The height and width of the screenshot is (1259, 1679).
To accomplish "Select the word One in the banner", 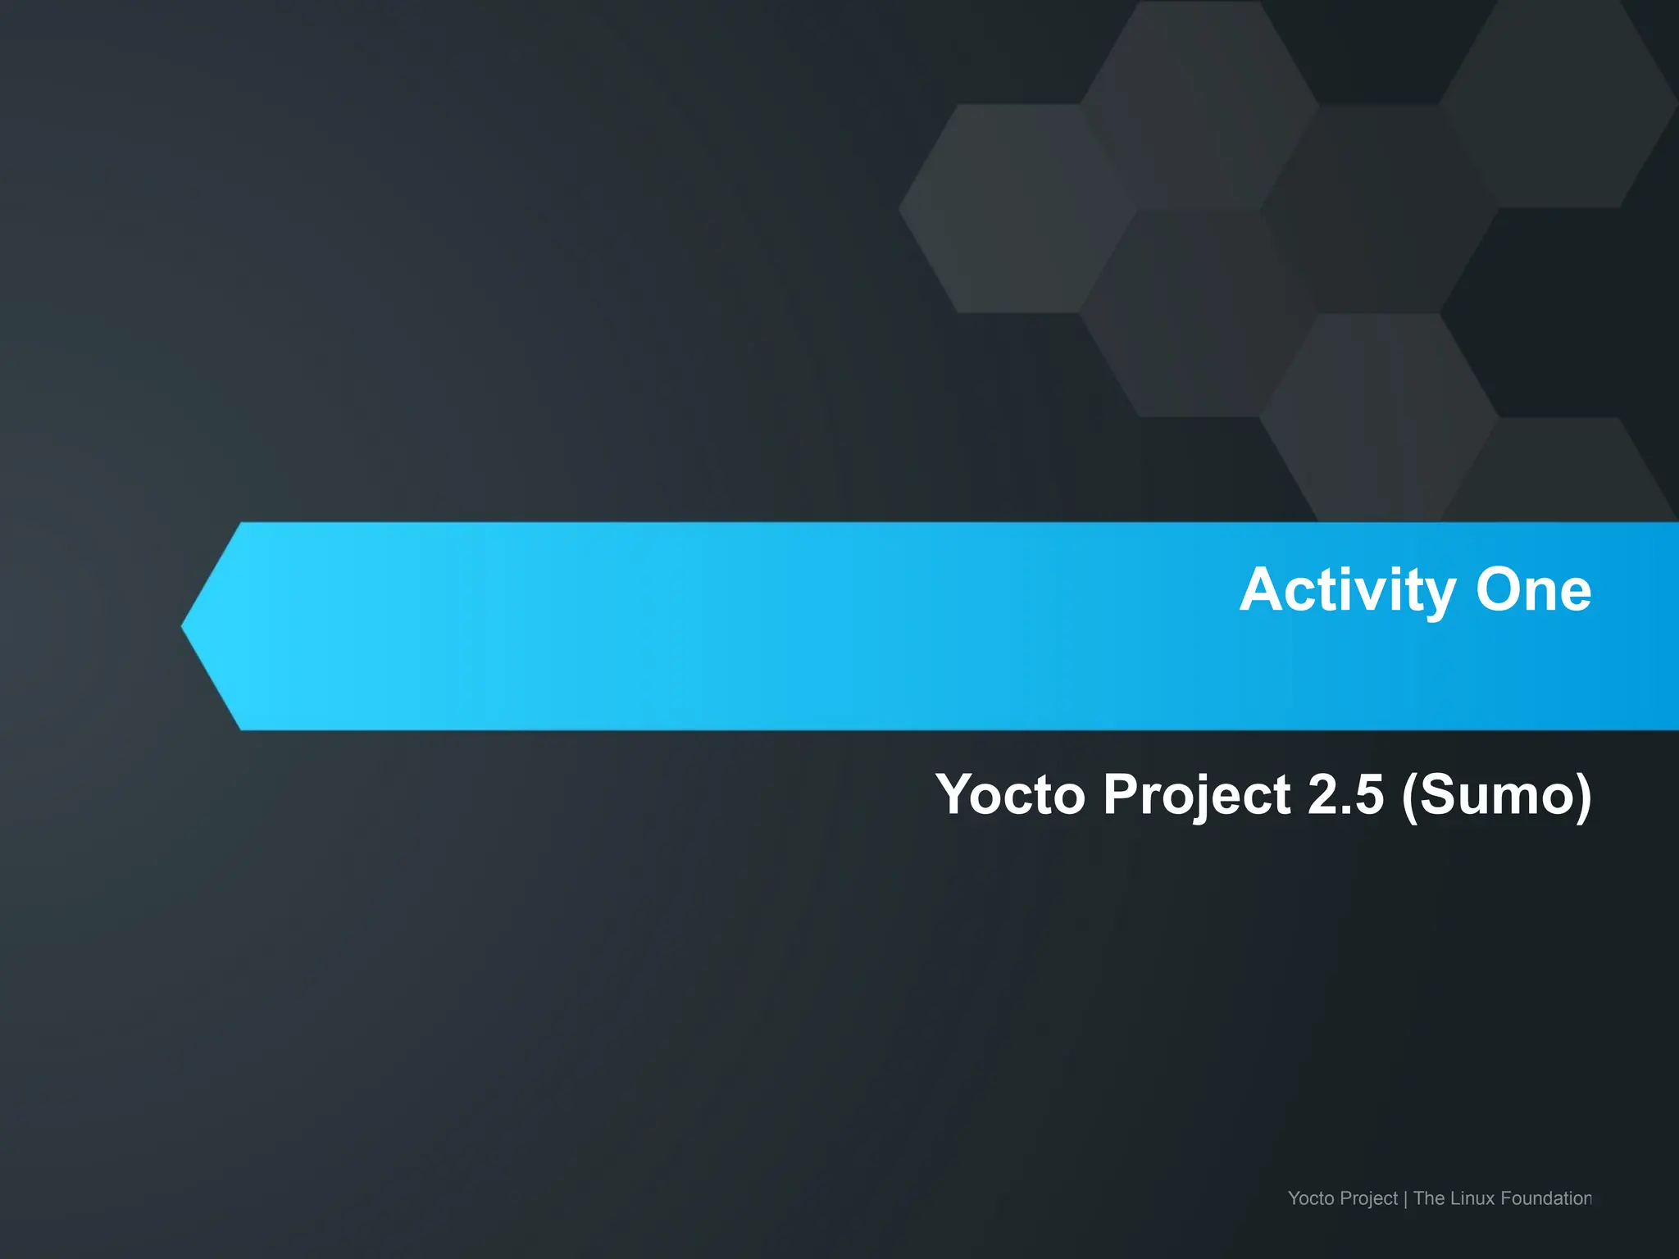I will (x=1533, y=590).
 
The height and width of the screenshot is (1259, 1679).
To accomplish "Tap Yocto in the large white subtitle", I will (x=1010, y=795).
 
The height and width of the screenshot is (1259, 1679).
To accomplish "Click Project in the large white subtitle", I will (x=1197, y=795).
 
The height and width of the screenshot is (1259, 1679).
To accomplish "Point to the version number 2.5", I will (x=1345, y=795).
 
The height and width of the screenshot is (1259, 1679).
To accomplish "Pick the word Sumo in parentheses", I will (x=1497, y=795).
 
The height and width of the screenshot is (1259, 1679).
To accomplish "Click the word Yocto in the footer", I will (x=1311, y=1198).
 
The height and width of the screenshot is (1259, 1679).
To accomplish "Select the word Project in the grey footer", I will (x=1369, y=1199).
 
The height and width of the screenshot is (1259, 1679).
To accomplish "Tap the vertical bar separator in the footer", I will (x=1405, y=1199).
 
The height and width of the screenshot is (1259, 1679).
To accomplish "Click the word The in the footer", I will (x=1428, y=1198).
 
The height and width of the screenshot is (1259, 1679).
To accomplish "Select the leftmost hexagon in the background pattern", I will (x=1017, y=208).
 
